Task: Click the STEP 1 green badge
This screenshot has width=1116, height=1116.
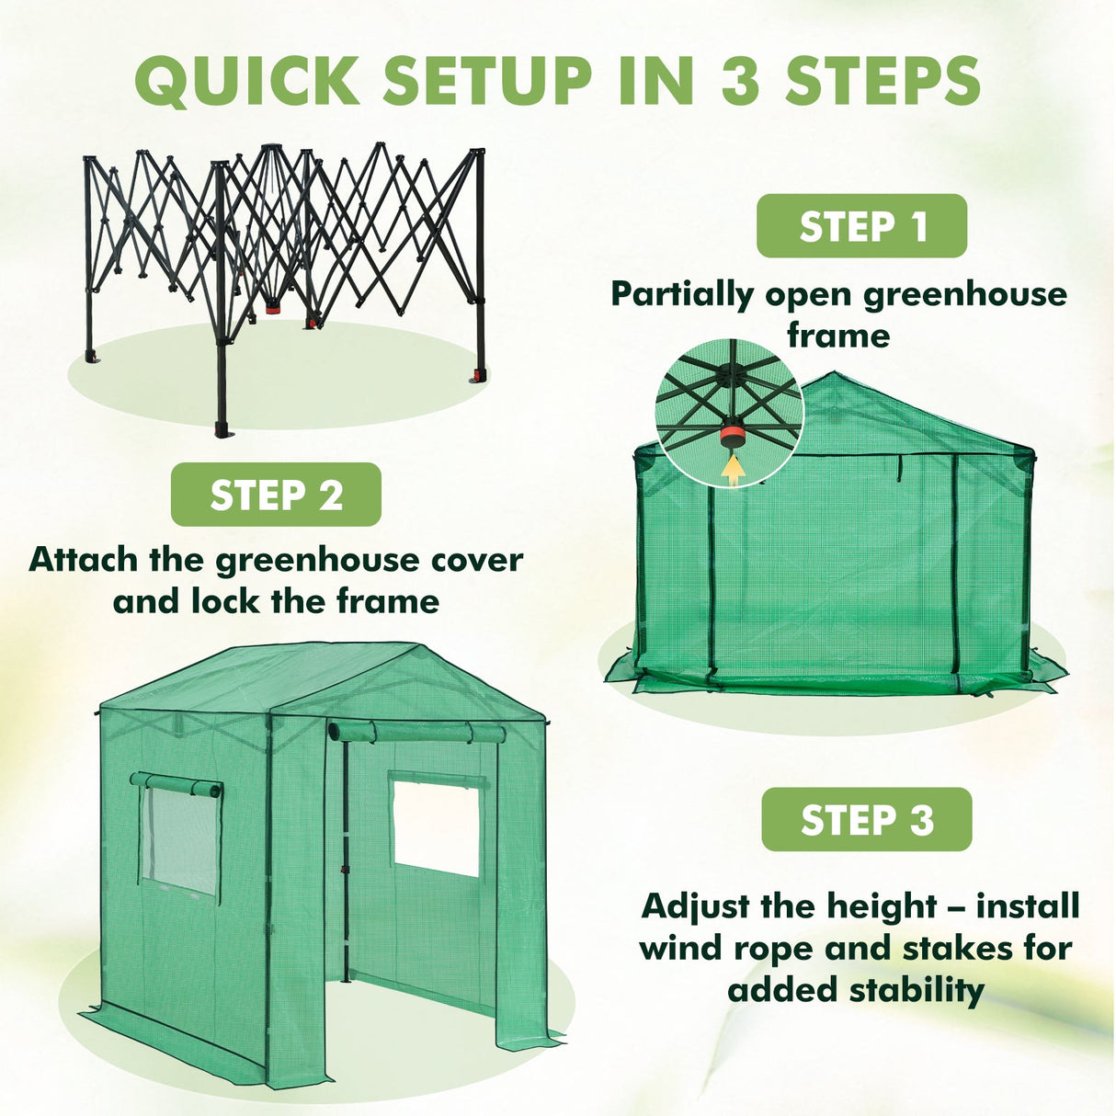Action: (861, 226)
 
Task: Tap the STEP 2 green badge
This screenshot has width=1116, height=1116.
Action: (276, 495)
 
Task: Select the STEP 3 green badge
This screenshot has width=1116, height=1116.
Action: (866, 819)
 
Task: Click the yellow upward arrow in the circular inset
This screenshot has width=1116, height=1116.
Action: (733, 468)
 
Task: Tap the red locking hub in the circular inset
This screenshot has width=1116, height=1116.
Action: (732, 435)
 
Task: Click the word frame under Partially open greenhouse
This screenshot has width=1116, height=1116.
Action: (837, 336)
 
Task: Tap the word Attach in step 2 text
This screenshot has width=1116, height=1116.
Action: (83, 559)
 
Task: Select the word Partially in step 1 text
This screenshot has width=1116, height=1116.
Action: (681, 294)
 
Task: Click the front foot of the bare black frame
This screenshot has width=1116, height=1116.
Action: (222, 428)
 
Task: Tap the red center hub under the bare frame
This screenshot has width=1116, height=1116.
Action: (273, 309)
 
